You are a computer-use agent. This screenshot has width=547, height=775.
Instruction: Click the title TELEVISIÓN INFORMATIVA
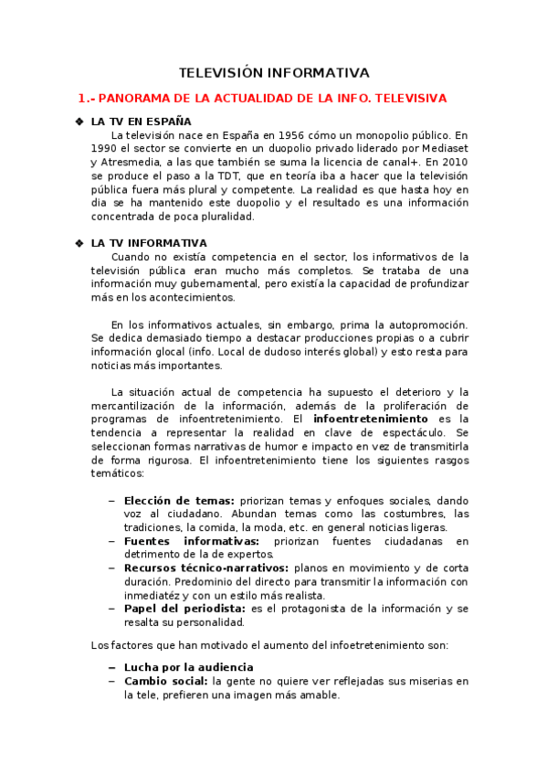[x=273, y=72]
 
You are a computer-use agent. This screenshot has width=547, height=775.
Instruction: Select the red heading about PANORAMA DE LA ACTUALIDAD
[x=263, y=98]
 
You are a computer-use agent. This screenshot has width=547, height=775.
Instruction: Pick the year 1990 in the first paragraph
[x=105, y=149]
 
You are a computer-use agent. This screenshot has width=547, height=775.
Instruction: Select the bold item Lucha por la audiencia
[x=188, y=667]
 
